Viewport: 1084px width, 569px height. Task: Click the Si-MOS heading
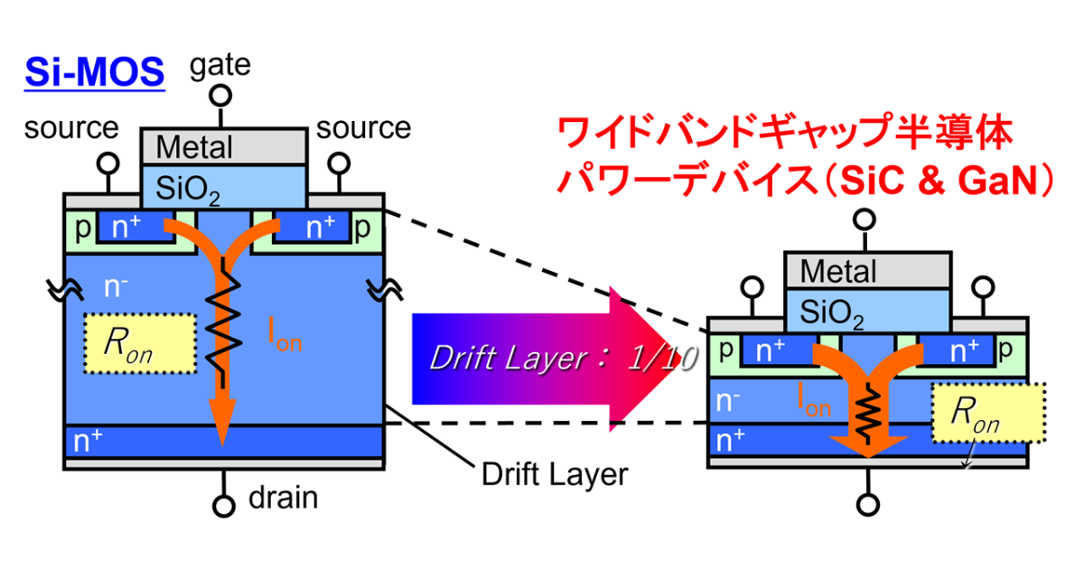pyautogui.click(x=94, y=71)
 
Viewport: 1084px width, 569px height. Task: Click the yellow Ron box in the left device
pyautogui.click(x=141, y=343)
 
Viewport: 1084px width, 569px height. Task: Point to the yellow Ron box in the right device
pyautogui.click(x=988, y=414)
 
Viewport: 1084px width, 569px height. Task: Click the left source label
pyautogui.click(x=71, y=128)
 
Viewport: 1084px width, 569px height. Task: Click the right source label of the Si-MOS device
pyautogui.click(x=364, y=128)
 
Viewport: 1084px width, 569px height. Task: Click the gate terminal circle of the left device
pyautogui.click(x=222, y=94)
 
